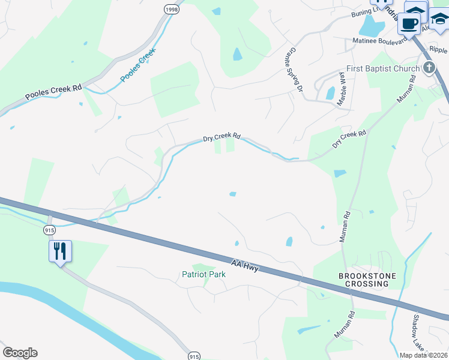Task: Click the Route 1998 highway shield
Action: pos(171,10)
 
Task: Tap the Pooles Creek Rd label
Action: pos(53,92)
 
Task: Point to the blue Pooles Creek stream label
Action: pos(138,65)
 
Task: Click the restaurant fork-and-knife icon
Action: pos(60,251)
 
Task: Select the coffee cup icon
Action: pos(409,24)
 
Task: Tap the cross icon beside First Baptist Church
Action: pos(429,67)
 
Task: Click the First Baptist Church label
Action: pos(382,69)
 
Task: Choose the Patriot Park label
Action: pos(203,274)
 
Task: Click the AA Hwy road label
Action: pos(245,266)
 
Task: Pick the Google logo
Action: pos(20,353)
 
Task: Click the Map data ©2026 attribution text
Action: pos(424,355)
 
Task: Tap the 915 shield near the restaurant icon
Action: pos(50,230)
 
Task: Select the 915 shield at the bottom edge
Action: pos(193,355)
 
